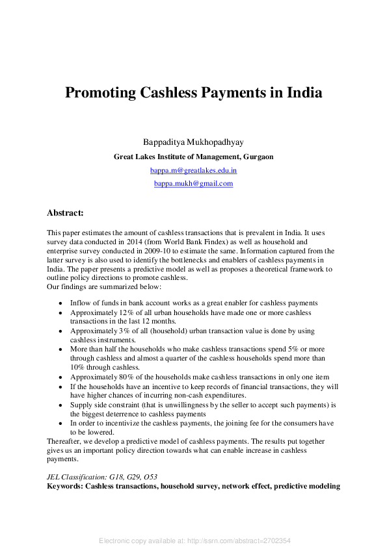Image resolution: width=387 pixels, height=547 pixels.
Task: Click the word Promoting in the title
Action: (x=100, y=92)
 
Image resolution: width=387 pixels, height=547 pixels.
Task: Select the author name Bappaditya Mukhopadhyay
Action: (x=193, y=142)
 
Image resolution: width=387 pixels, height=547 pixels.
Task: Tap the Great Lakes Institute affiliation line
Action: (x=193, y=157)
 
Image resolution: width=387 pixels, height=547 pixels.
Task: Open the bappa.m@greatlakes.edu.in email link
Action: (x=193, y=170)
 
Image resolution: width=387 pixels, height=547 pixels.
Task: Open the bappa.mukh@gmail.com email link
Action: (x=193, y=184)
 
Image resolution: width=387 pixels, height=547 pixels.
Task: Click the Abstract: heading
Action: (x=65, y=212)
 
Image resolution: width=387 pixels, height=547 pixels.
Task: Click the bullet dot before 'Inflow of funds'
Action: (x=60, y=303)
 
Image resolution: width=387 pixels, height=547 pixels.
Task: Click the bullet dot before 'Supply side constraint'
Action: (x=60, y=405)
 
